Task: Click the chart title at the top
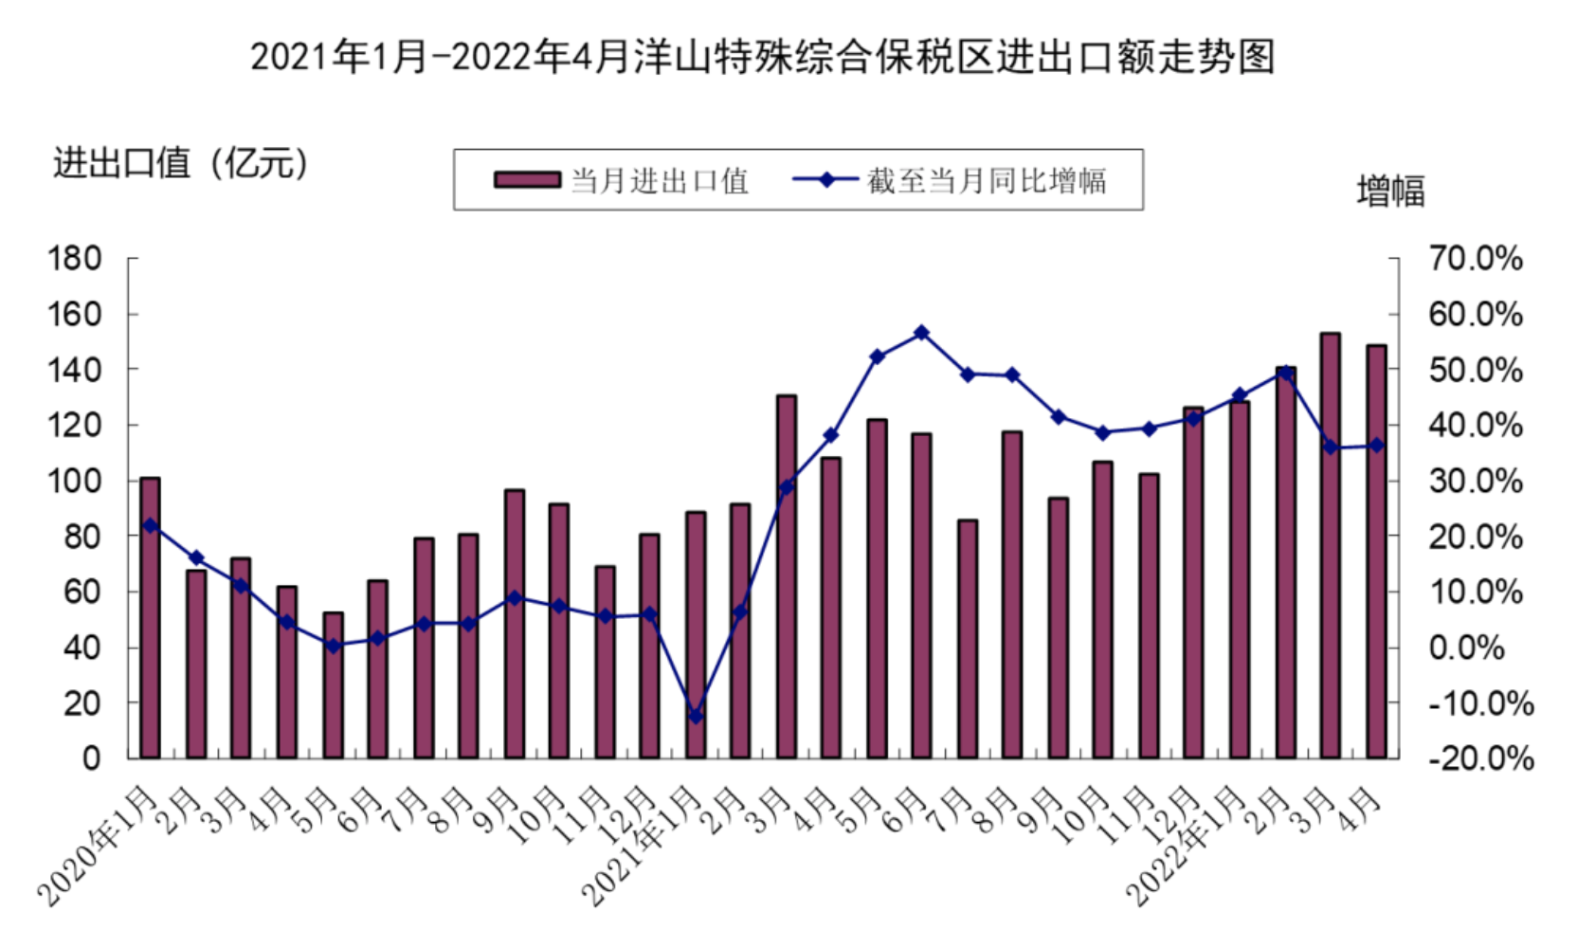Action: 762,57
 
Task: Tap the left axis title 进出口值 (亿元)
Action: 181,163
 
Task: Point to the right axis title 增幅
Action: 1390,191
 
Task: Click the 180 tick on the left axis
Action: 75,258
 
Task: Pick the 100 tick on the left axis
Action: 75,481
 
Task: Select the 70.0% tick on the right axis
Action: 1476,258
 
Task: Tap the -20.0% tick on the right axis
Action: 1481,758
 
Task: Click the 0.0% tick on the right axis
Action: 1466,647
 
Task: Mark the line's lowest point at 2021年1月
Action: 696,717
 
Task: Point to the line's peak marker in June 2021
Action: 921,333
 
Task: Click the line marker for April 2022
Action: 1376,446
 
